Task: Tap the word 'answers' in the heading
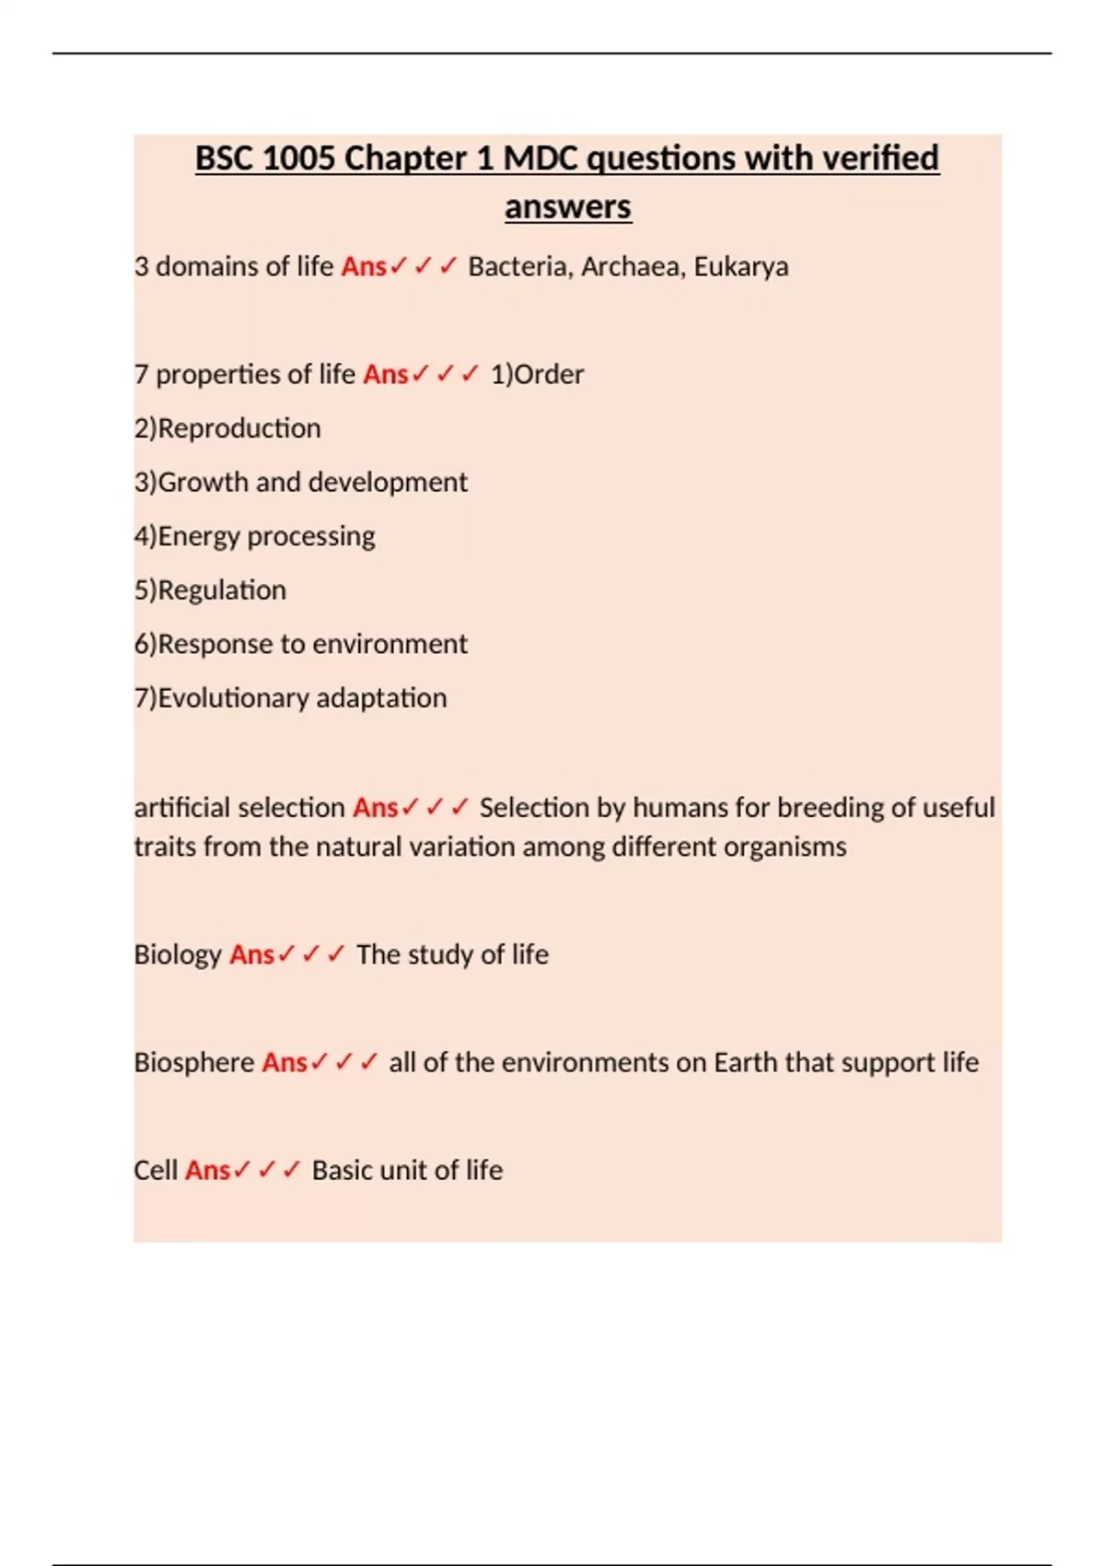coord(567,207)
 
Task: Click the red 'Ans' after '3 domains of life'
coord(364,267)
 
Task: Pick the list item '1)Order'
coord(537,375)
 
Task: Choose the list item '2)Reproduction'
coord(227,428)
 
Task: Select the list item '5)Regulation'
coord(210,590)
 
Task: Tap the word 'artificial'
coord(180,808)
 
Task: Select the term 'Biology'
coord(178,954)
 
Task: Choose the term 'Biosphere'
coord(194,1062)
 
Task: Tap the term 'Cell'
coord(155,1170)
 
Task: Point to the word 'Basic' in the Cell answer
coord(342,1170)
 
